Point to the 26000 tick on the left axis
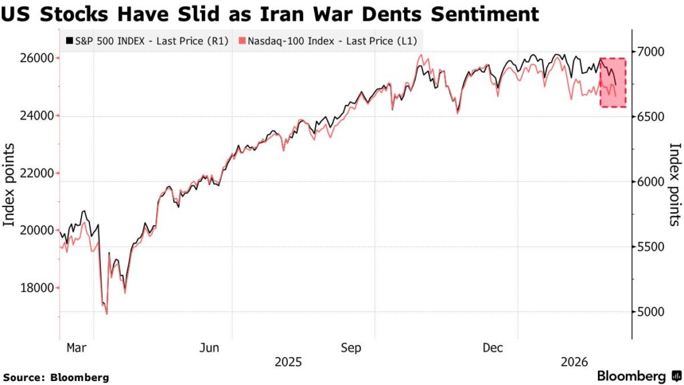coord(36,58)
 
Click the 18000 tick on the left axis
coord(36,288)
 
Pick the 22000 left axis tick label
coord(36,173)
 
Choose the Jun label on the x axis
coord(210,348)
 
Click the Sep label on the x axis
coord(351,348)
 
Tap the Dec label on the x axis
coord(493,348)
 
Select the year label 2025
coord(289,362)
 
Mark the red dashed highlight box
coord(613,82)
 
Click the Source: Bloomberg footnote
coord(55,378)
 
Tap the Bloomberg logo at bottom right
coord(637,376)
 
